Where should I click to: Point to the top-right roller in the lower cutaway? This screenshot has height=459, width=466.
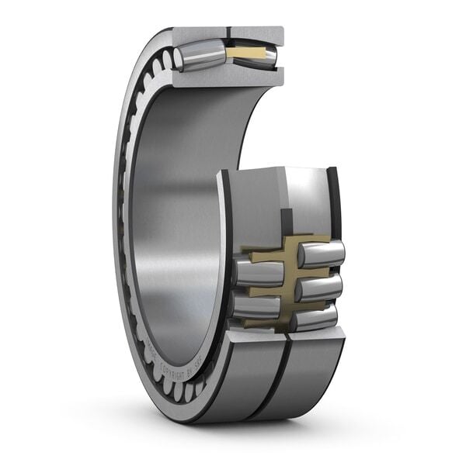coord(321,254)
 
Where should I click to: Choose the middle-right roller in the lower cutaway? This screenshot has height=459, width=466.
coord(318,288)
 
